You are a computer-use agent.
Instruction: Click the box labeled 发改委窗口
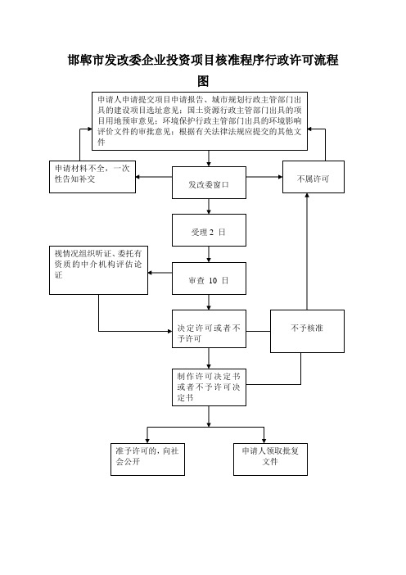pos(209,183)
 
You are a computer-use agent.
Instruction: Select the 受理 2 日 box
pos(209,230)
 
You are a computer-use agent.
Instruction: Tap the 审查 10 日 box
pos(209,278)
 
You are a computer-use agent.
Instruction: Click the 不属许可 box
pos(314,177)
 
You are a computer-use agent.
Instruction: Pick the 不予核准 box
pos(307,331)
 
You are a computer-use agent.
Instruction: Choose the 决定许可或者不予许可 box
pos(209,329)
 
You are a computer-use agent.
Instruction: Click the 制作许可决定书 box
pos(209,387)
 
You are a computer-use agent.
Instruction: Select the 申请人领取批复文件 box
pos(270,460)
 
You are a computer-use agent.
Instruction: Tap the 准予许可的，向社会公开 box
pos(147,460)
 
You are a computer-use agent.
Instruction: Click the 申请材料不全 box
pos(92,177)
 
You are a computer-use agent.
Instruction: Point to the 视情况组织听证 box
pos(98,270)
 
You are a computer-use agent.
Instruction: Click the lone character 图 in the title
pos(203,81)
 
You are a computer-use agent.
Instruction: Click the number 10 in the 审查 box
pos(213,280)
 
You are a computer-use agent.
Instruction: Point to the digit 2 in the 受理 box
pos(211,232)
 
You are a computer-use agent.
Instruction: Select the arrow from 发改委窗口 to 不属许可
pos(264,177)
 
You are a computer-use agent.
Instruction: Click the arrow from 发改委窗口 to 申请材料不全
pos(154,177)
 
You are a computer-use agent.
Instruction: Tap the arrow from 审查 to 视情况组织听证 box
pos(160,273)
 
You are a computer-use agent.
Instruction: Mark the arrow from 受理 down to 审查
pos(209,254)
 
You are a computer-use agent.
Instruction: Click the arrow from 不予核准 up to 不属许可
pos(307,251)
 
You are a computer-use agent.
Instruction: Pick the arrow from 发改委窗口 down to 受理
pos(209,206)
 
